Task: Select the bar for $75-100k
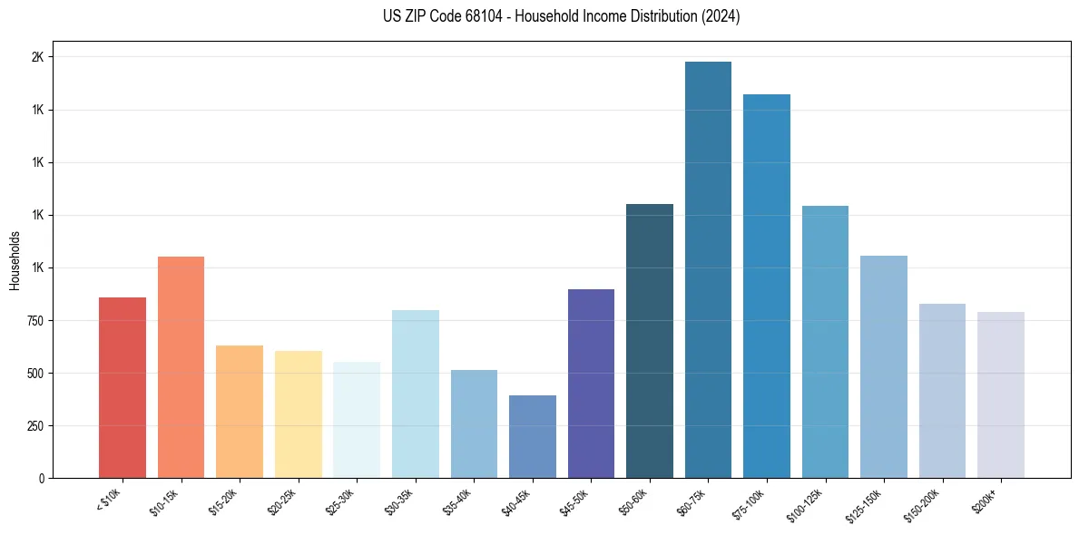tap(767, 287)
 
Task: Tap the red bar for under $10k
tap(123, 388)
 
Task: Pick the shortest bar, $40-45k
tap(533, 437)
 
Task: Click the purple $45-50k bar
tap(591, 384)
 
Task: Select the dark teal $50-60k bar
tap(650, 341)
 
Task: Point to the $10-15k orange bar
tap(181, 367)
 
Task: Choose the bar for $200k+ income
tap(1001, 395)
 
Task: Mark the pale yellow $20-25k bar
tap(299, 414)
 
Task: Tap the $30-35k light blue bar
tap(416, 394)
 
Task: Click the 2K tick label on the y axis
tap(37, 57)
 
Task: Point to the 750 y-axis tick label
tap(34, 321)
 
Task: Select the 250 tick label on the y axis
tap(34, 426)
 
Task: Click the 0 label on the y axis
tap(41, 479)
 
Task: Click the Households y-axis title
tap(15, 260)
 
